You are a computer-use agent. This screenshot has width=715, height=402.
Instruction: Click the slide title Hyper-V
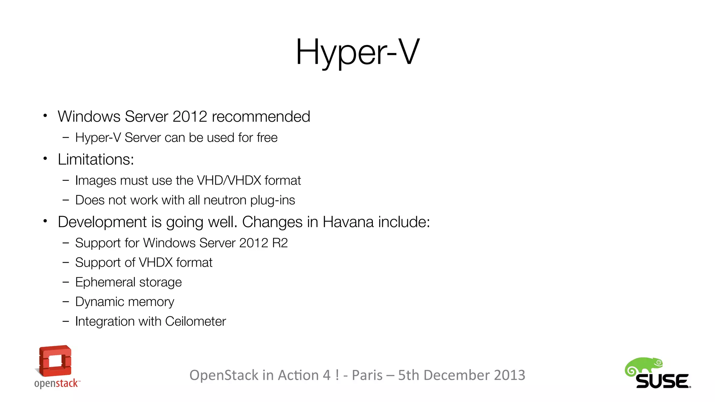[357, 52]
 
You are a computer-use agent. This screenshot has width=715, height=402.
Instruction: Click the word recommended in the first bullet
[261, 117]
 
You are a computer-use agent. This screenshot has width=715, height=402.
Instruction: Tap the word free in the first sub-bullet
[267, 138]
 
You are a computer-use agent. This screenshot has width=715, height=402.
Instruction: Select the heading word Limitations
[95, 159]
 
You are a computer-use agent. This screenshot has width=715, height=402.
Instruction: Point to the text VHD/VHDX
[229, 180]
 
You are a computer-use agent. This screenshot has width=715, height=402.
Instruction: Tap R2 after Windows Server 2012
[280, 243]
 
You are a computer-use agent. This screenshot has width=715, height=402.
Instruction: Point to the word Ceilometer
[196, 321]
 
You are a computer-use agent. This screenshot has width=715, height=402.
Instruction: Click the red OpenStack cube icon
[55, 361]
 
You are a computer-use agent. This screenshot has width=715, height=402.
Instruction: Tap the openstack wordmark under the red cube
[57, 383]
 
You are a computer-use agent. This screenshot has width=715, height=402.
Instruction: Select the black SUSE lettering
[662, 381]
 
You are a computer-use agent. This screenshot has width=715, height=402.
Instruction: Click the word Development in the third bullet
[102, 222]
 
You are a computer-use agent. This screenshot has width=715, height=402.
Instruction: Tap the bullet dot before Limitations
[45, 159]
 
